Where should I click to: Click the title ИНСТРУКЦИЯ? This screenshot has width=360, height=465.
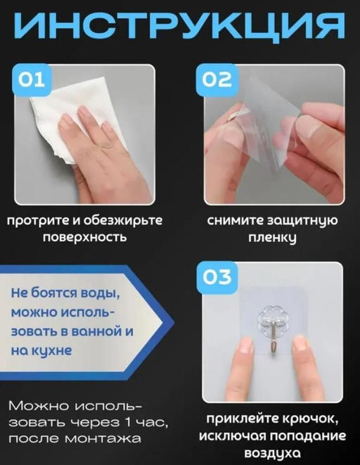click(x=180, y=27)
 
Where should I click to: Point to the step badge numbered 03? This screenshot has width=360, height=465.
click(x=217, y=276)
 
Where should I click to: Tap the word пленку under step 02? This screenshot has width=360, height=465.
click(x=275, y=237)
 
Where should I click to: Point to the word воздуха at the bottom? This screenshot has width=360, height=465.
click(x=275, y=453)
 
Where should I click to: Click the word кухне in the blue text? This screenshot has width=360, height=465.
click(x=54, y=348)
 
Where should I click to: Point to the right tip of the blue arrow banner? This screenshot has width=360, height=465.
click(x=172, y=321)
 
